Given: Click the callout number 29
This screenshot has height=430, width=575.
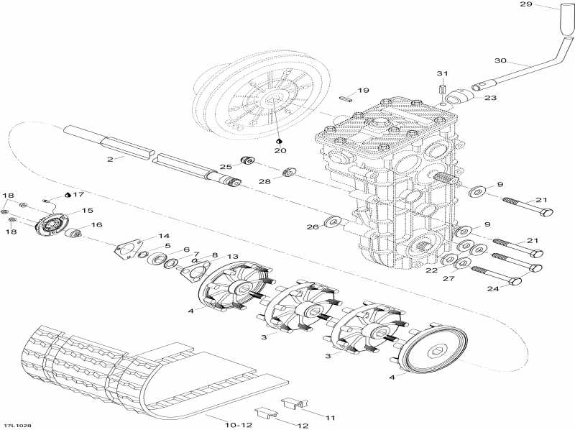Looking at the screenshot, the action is coord(526,4).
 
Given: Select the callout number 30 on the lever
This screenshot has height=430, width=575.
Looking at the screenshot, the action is coord(500,60).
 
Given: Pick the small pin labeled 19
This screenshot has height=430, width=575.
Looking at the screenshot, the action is coord(346,98).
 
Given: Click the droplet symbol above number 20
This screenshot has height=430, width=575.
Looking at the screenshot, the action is coord(278,141).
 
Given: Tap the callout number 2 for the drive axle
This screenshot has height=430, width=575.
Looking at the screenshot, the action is coord(110,160).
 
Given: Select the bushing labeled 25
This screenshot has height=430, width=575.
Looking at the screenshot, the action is coord(247,160).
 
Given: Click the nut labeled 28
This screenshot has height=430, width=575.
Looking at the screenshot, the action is coord(290,171).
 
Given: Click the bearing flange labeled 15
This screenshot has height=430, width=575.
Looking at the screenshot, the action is coord(52,226).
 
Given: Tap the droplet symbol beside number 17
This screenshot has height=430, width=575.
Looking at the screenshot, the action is coord(68,195).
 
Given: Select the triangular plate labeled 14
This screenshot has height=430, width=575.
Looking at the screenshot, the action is coord(128,250).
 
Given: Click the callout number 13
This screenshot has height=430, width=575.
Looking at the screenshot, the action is coord(232,257).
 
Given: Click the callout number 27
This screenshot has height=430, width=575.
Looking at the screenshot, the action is coord(448,278).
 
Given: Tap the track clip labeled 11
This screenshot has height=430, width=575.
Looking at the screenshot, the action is coord(294,404).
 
